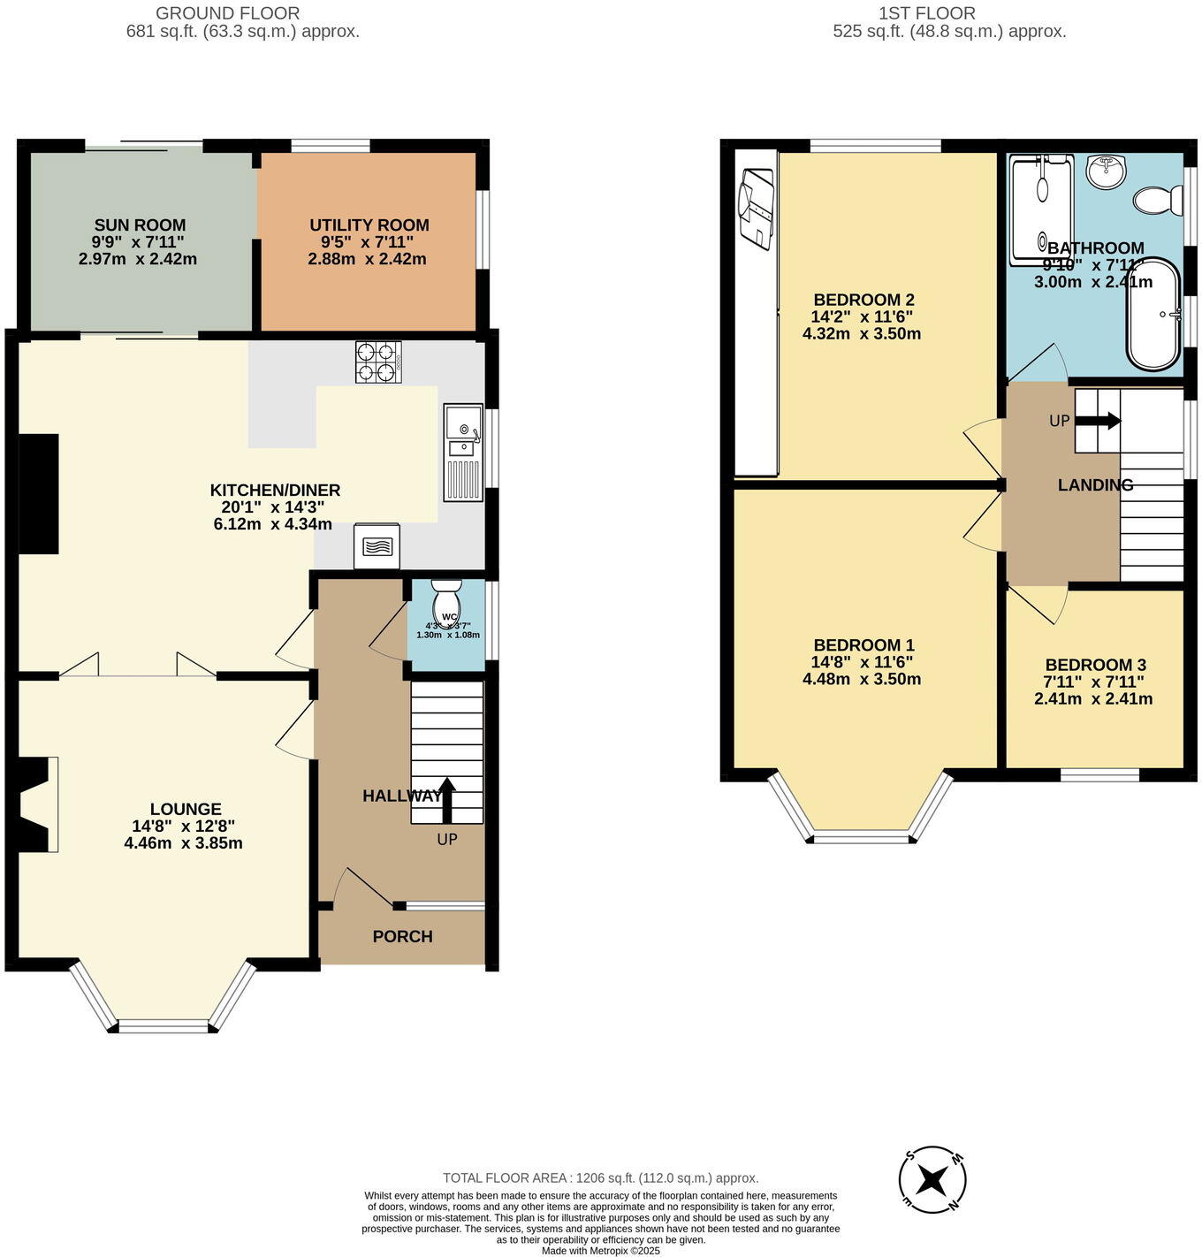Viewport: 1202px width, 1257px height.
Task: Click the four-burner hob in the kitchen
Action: click(378, 362)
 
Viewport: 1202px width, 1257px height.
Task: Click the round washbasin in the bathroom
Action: click(1105, 171)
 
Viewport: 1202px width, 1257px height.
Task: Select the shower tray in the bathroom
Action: click(1041, 209)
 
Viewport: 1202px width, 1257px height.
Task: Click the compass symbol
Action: click(932, 1180)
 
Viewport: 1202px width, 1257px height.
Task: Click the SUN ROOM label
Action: click(140, 225)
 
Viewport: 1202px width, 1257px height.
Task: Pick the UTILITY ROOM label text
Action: click(369, 225)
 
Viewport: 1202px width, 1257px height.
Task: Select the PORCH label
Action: click(402, 937)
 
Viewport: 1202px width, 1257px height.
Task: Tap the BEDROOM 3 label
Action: click(1095, 665)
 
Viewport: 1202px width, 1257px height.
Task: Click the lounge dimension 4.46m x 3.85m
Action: click(184, 843)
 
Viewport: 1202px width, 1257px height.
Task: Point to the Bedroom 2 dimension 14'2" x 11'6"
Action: click(862, 316)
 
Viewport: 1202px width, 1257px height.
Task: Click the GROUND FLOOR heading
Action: click(227, 13)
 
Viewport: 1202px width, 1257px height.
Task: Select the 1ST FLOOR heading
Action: click(927, 13)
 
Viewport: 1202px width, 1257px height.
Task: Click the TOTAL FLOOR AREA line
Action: click(600, 1177)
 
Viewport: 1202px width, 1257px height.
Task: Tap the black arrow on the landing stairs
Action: click(1098, 422)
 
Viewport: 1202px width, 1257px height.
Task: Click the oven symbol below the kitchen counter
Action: click(376, 546)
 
